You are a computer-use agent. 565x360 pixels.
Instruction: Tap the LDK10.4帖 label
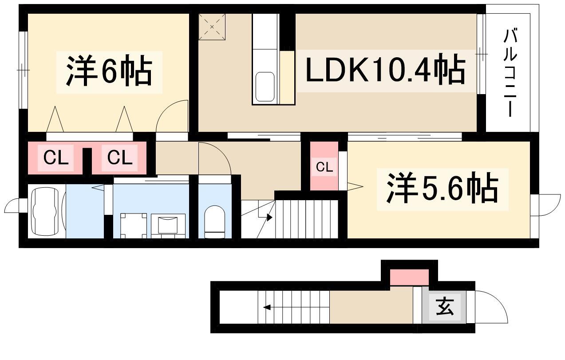[385, 69]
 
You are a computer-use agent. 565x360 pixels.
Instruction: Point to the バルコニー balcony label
[510, 76]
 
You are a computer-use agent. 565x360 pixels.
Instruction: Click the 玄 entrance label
[445, 306]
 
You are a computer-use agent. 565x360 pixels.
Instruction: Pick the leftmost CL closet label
[56, 158]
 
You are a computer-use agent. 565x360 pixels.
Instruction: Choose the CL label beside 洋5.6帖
[324, 167]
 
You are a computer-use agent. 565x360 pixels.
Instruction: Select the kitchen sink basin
[265, 87]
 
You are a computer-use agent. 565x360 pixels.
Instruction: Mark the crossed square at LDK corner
[212, 27]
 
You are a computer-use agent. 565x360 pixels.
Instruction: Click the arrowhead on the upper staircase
[270, 218]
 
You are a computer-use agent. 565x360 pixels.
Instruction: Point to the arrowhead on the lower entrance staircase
[267, 307]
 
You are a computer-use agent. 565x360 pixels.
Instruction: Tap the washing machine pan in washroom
[134, 226]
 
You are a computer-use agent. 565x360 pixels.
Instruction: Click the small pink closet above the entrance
[409, 277]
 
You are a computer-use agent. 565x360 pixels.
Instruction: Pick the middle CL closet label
[120, 158]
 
